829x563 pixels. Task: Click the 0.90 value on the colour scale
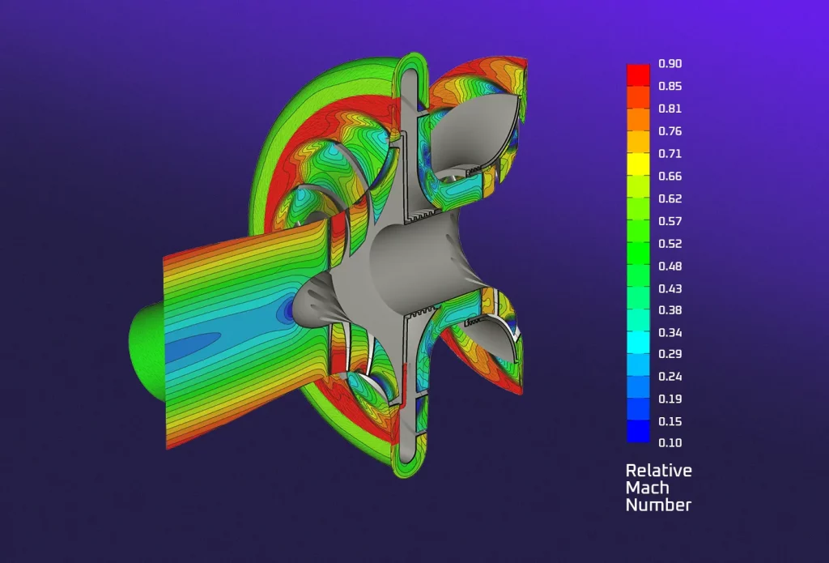(x=670, y=64)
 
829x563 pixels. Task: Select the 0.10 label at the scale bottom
(x=670, y=443)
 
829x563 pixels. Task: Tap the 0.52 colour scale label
(x=670, y=243)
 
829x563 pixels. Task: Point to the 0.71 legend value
(x=670, y=153)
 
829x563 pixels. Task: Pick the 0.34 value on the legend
(x=670, y=332)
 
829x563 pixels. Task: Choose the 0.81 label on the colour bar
(x=670, y=109)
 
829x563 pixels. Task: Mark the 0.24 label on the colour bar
(x=670, y=377)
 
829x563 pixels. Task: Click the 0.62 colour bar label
(x=670, y=198)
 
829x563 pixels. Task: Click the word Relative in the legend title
(x=658, y=471)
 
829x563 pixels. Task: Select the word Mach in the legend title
(x=647, y=488)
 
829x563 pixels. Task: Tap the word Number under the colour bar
(x=658, y=505)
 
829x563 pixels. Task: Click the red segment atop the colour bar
(x=638, y=70)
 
